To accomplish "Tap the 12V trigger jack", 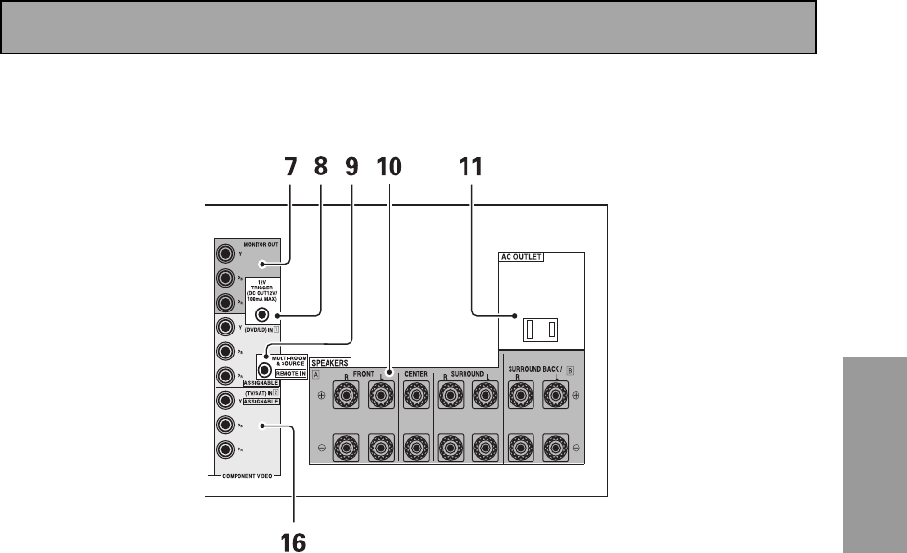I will pos(261,313).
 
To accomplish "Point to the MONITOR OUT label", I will pos(261,245).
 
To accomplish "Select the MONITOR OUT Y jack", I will pos(225,254).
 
